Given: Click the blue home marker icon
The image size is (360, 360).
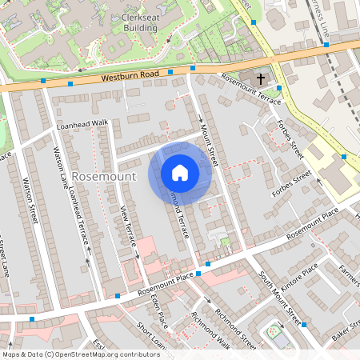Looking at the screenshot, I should click(179, 172).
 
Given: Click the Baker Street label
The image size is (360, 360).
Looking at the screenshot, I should click(342, 330).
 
